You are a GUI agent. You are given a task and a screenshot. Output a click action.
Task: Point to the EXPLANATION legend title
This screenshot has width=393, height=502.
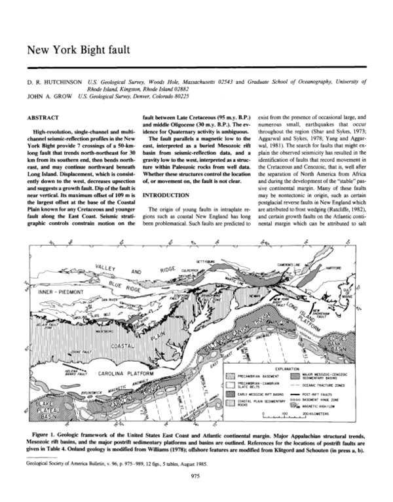pyautogui.click(x=297, y=368)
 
